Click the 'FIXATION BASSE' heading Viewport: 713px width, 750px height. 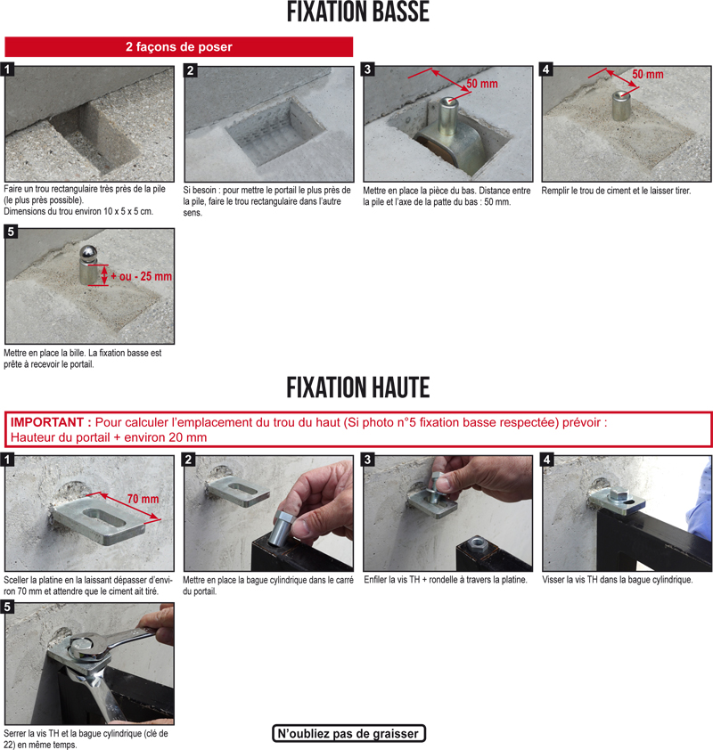tap(358, 12)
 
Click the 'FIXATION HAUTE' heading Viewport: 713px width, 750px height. tap(358, 387)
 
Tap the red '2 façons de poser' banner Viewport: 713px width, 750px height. tap(179, 47)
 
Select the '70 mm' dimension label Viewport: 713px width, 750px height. tap(143, 499)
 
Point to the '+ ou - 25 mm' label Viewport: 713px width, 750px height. tap(141, 276)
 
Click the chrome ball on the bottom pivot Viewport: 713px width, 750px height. tap(88, 254)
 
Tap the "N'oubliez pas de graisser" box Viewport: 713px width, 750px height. tap(348, 733)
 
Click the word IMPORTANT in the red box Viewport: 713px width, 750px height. tap(47, 422)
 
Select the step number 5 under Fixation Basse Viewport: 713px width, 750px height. tap(11, 232)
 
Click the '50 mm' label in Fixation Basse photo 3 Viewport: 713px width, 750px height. tap(482, 84)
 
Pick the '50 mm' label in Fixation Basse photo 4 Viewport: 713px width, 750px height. tap(648, 74)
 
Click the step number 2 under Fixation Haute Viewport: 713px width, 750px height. tap(189, 460)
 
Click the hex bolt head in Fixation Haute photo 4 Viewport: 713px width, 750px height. tap(618, 496)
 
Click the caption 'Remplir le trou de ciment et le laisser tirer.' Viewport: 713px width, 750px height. tap(617, 191)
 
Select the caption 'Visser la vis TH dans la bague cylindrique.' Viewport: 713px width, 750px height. tap(618, 580)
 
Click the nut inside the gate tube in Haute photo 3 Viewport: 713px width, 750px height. tap(476, 543)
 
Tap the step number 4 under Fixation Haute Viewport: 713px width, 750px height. tap(546, 460)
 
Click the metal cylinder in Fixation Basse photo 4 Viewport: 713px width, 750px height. tap(620, 105)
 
